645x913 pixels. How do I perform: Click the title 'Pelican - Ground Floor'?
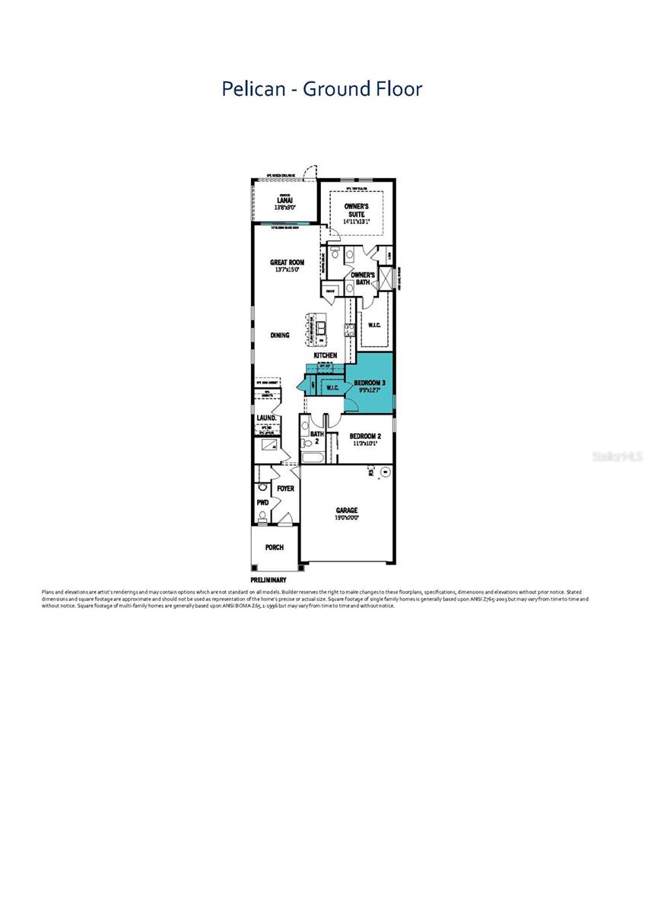click(322, 88)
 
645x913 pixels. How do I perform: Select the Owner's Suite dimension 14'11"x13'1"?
click(356, 222)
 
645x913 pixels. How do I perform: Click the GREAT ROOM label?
click(287, 262)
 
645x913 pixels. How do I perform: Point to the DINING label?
click(280, 335)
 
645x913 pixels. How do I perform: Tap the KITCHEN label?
click(326, 355)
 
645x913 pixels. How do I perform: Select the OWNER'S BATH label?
click(363, 278)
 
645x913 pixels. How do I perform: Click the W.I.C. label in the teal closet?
click(332, 388)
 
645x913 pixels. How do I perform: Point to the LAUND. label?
click(266, 418)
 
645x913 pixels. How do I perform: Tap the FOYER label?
click(285, 488)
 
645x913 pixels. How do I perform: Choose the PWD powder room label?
click(262, 502)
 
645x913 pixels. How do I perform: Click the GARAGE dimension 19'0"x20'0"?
click(347, 517)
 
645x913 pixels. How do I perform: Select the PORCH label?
click(274, 547)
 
